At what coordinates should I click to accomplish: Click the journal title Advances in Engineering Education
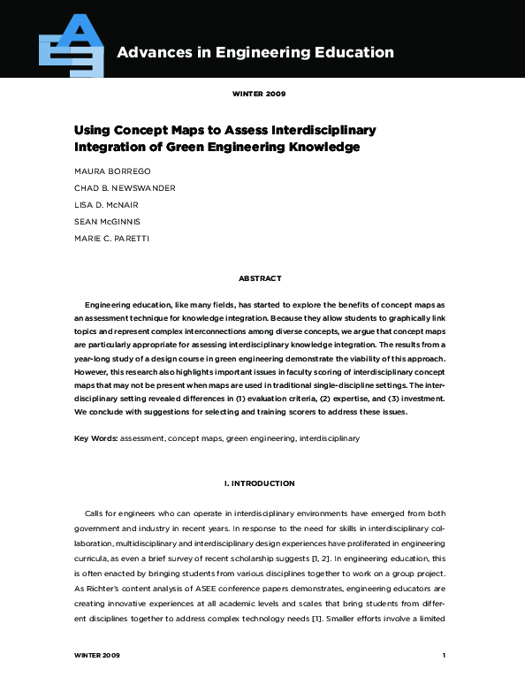click(x=255, y=52)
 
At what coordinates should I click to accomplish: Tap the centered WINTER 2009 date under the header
click(x=259, y=93)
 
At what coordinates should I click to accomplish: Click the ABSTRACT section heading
click(x=260, y=278)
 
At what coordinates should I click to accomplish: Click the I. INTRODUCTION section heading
click(x=260, y=483)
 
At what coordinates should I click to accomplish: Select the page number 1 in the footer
click(x=444, y=656)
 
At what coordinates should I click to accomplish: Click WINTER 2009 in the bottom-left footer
click(x=97, y=656)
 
